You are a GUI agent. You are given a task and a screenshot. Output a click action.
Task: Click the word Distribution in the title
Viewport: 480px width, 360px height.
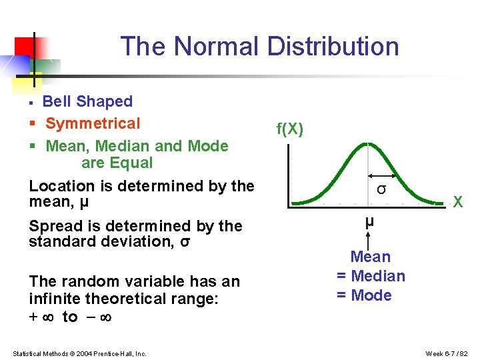point(333,47)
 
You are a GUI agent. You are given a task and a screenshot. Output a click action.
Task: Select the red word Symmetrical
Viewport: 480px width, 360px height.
point(93,123)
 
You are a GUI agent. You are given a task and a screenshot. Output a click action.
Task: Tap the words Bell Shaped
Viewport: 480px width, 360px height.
point(87,101)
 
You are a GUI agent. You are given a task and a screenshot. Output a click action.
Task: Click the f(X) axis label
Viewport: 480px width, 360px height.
point(290,129)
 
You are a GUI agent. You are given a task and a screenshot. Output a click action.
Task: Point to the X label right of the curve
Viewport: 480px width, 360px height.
point(457,202)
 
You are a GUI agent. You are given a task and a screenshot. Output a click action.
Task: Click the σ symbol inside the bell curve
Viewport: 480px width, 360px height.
point(381,189)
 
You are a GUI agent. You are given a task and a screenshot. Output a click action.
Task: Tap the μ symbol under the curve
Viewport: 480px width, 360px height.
point(369,221)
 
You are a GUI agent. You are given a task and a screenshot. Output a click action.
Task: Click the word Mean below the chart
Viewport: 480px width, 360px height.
point(371,257)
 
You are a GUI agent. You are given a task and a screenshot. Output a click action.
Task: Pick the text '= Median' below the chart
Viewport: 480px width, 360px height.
point(371,276)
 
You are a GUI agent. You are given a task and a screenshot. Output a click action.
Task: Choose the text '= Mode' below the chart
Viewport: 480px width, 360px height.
point(364,295)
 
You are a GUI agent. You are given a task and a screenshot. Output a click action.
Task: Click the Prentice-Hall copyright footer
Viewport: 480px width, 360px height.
point(79,353)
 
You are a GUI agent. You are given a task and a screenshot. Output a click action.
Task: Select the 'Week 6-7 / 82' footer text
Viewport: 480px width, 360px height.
point(447,353)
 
